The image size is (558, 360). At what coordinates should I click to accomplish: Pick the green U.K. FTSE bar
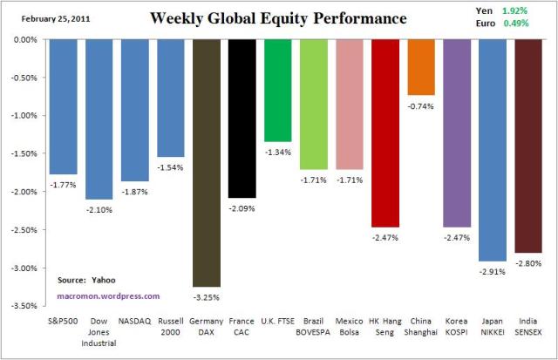coord(277,91)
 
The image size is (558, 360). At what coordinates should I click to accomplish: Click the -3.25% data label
coord(206,296)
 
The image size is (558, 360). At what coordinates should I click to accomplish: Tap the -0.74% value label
coord(420,105)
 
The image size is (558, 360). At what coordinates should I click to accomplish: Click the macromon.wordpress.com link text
coord(96,295)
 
